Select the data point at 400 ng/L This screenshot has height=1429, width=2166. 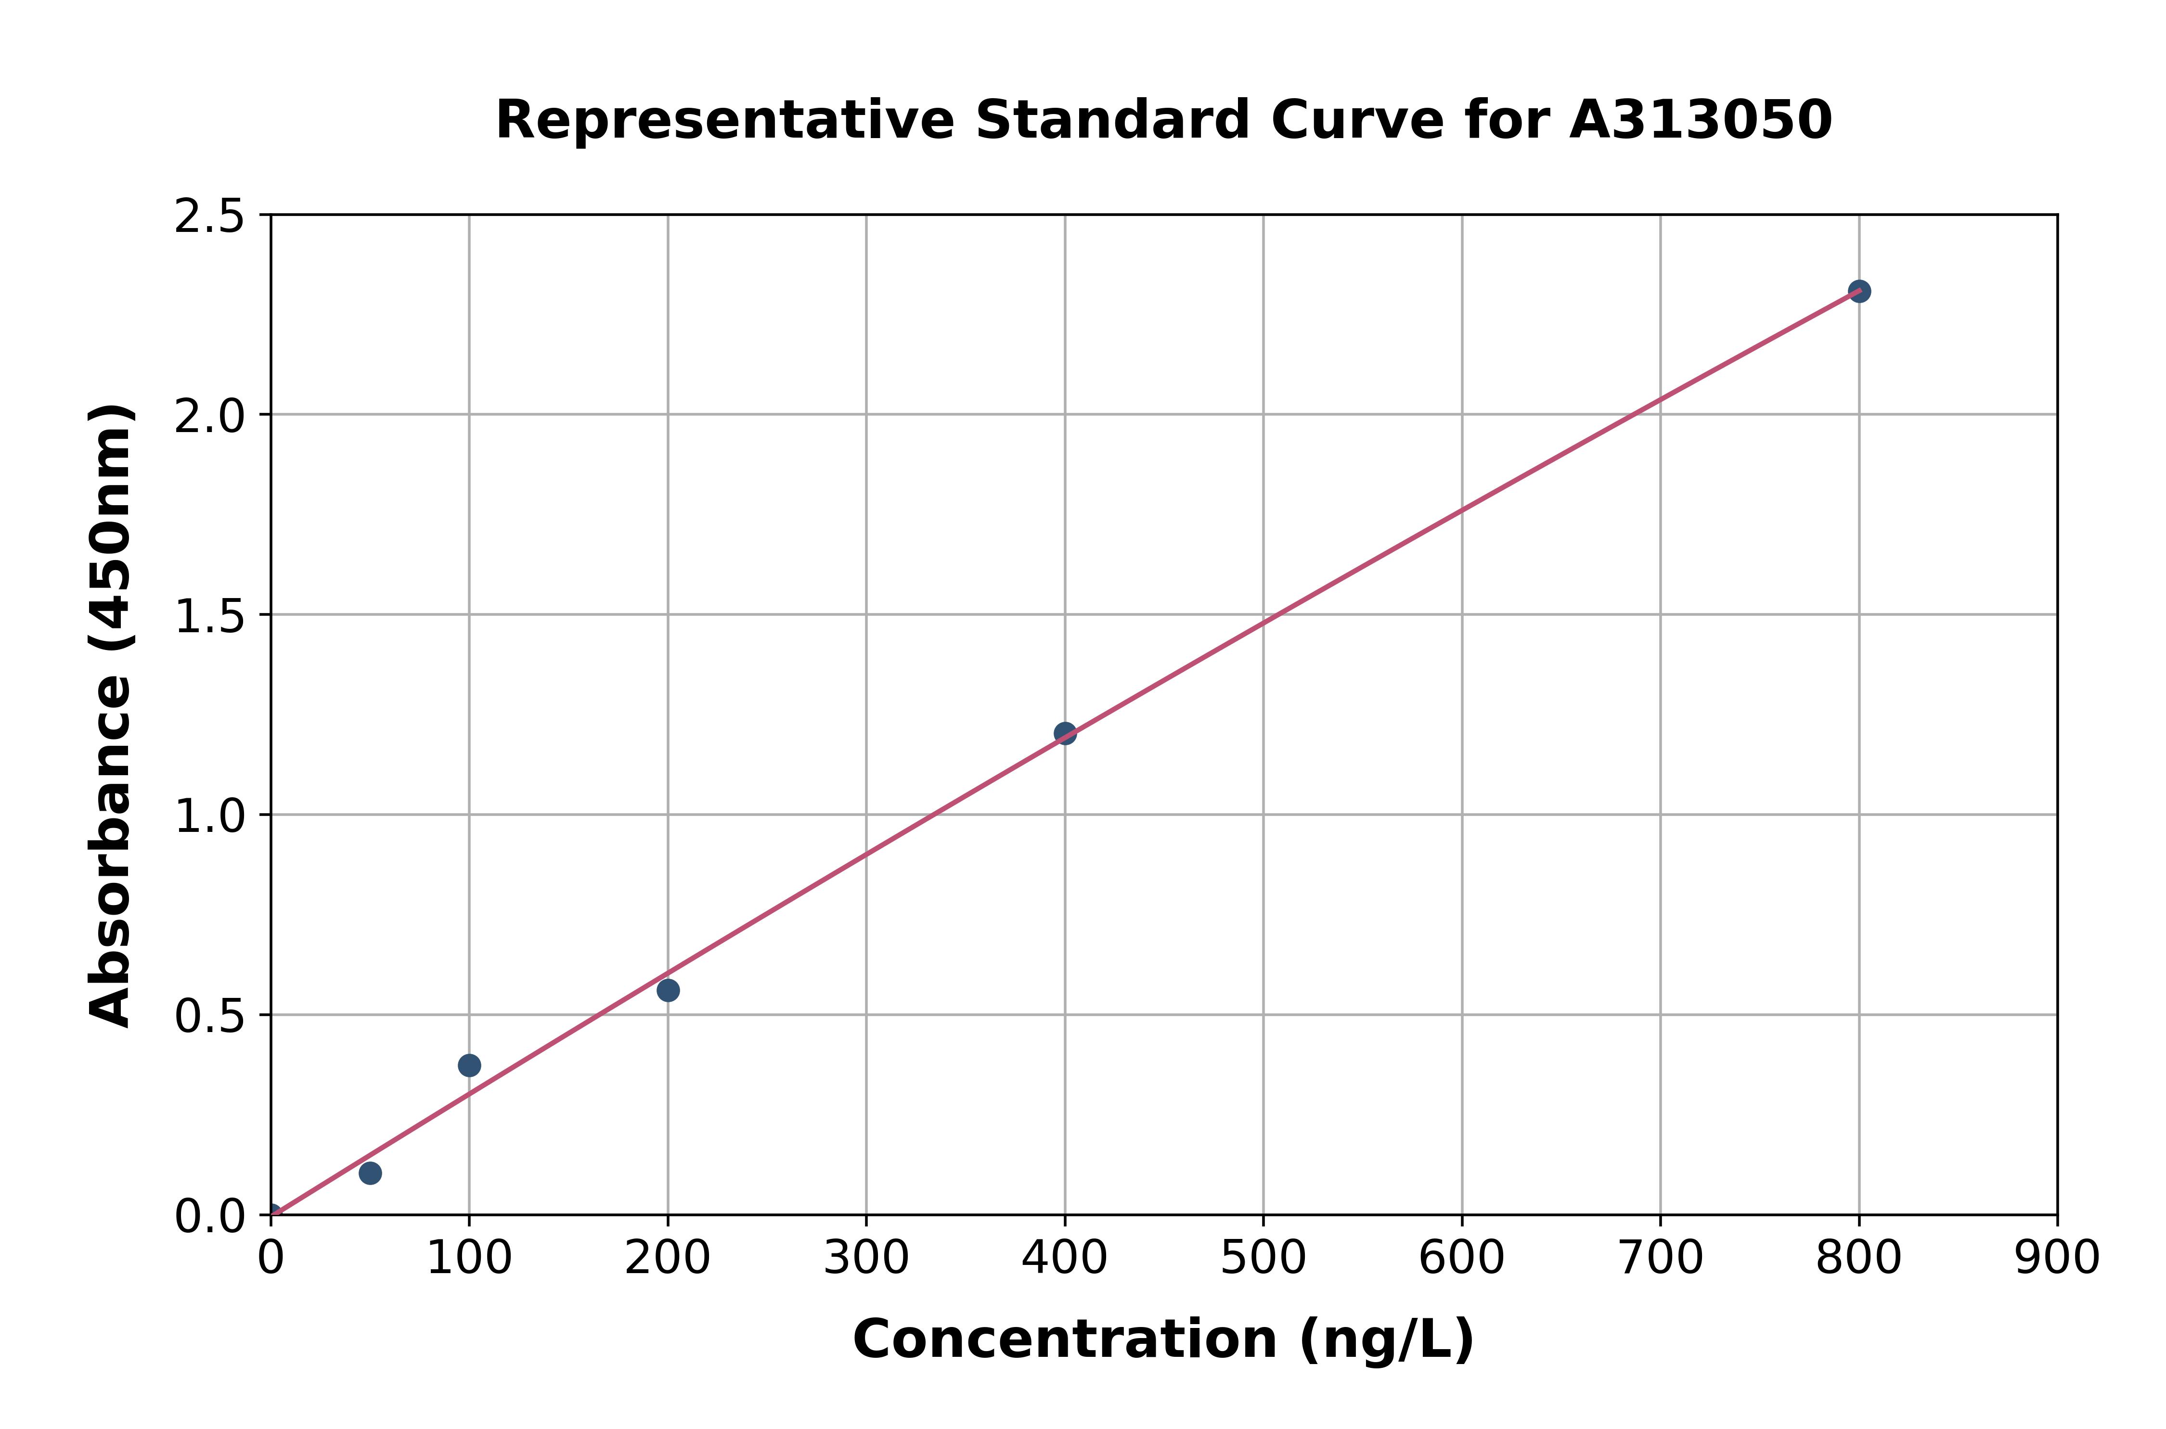[1065, 733]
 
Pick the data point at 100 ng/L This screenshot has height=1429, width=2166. [469, 1065]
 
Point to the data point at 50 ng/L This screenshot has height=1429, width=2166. [370, 1173]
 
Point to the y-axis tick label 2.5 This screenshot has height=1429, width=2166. [210, 217]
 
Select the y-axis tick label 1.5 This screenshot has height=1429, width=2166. [210, 616]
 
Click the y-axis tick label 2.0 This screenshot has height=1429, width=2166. [210, 417]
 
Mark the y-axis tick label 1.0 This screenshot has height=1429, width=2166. [210, 816]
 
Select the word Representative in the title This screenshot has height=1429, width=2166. [725, 120]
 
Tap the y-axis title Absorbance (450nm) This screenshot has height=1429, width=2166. [111, 715]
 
